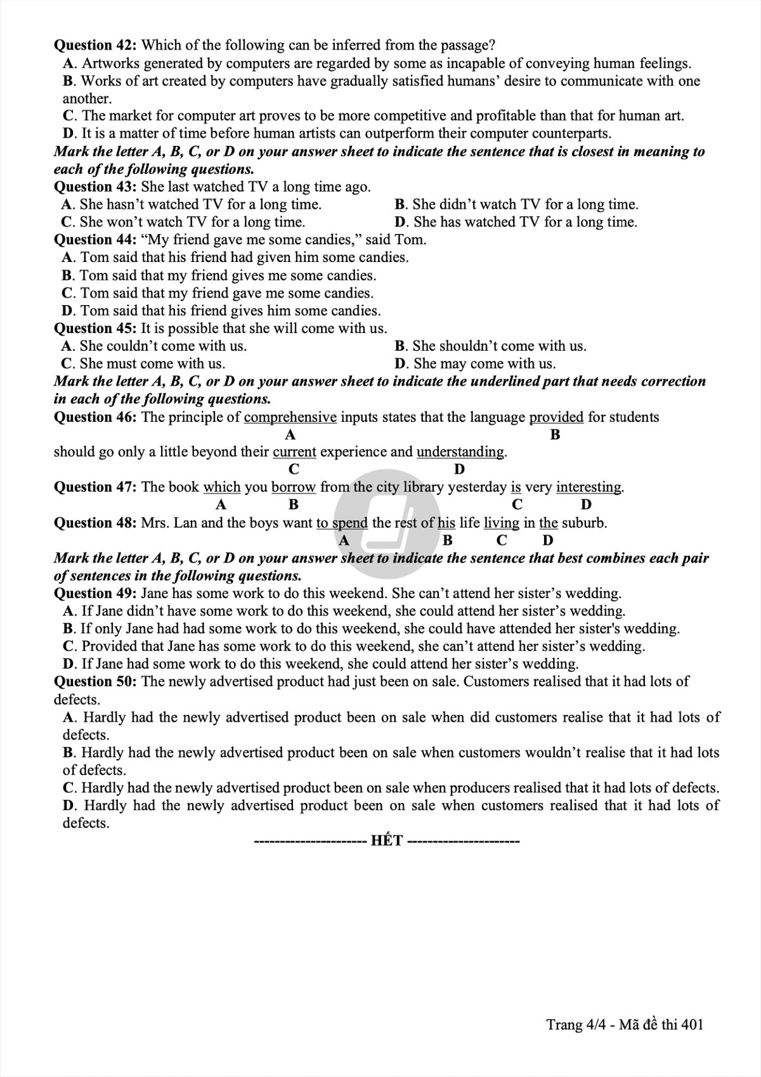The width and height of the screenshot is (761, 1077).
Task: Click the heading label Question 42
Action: click(x=95, y=45)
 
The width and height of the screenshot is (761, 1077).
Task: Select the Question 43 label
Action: click(x=95, y=186)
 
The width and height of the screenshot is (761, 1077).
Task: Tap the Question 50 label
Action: click(x=95, y=682)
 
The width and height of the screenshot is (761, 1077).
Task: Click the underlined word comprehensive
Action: click(x=290, y=417)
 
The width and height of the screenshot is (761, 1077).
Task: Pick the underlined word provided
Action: click(x=556, y=417)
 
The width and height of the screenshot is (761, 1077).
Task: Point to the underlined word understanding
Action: click(x=460, y=452)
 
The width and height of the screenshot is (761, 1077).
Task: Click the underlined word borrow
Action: click(x=293, y=487)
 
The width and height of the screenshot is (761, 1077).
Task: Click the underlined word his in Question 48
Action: click(x=446, y=523)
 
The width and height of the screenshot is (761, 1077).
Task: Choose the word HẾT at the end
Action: click(x=387, y=841)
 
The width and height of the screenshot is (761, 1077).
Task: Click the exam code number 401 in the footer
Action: click(x=691, y=1025)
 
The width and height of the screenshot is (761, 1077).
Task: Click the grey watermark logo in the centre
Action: click(x=387, y=523)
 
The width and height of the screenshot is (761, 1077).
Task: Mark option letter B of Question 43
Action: click(x=400, y=204)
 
